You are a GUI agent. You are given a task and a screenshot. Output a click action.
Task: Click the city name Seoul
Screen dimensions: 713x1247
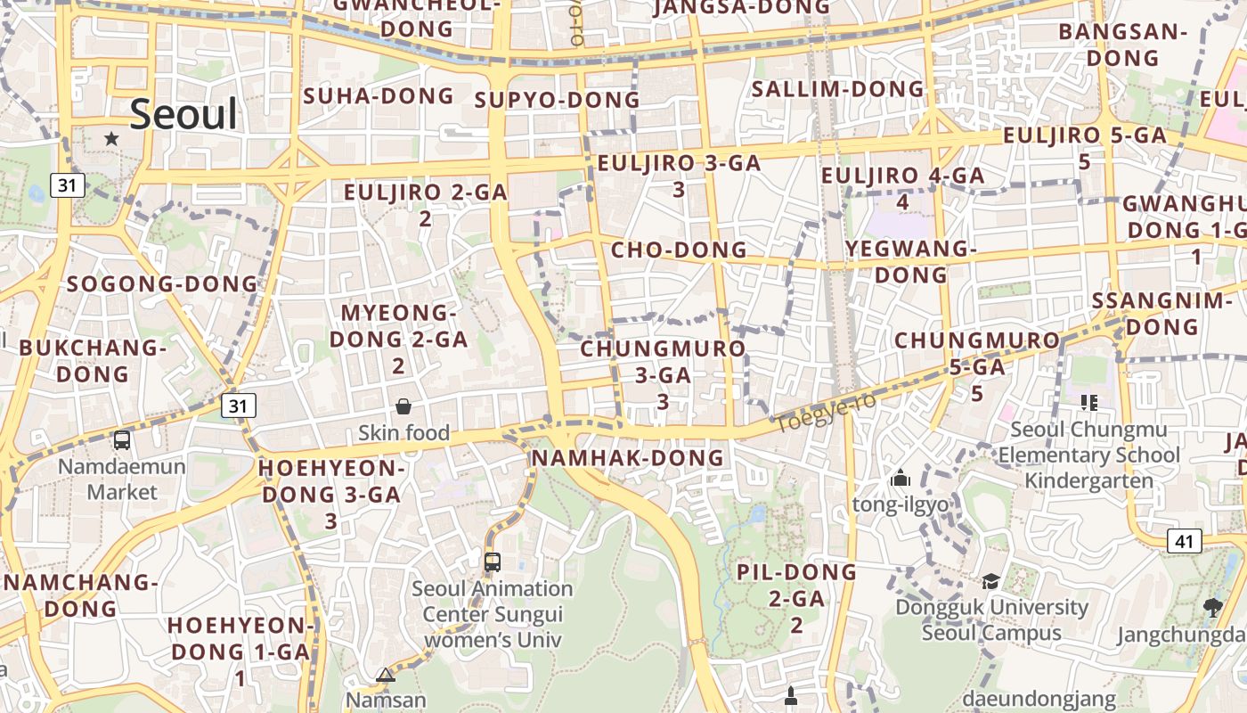[183, 115]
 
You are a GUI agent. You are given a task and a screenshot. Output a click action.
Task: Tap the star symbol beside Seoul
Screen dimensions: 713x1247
[111, 138]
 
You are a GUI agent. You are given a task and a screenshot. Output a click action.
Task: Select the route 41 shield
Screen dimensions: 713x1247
[1184, 541]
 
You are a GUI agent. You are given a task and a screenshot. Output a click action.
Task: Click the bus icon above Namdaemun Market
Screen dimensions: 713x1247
[122, 439]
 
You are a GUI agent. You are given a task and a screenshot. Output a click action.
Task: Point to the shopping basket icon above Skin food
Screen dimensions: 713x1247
[403, 406]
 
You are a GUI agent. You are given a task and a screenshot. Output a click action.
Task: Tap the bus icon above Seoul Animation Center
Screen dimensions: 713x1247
[493, 562]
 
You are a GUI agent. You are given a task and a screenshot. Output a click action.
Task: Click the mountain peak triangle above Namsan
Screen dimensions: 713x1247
[386, 675]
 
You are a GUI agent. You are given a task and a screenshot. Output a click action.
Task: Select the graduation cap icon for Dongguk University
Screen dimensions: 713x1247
[990, 582]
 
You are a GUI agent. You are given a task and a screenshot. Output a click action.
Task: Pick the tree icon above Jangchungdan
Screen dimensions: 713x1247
[1212, 608]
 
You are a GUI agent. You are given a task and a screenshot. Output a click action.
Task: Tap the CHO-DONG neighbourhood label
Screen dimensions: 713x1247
[679, 250]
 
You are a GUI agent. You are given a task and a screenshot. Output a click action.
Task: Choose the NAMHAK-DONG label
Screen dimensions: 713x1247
[628, 458]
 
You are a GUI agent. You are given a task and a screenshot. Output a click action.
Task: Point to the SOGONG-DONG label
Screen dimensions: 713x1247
[162, 284]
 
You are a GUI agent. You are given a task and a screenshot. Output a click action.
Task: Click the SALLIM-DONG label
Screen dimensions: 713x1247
[838, 89]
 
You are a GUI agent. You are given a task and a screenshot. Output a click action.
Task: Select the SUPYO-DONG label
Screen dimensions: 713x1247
[557, 100]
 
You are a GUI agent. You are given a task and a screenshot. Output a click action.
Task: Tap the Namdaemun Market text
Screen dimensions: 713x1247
[123, 479]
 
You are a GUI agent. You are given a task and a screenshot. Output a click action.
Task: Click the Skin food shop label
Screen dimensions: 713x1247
[403, 433]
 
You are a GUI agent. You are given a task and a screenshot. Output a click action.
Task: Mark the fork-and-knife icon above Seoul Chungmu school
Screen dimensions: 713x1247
[1088, 403]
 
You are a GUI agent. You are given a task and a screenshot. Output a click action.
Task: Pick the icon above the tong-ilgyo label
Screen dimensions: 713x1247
[901, 479]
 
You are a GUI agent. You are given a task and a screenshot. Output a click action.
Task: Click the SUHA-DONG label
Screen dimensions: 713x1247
[379, 96]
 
